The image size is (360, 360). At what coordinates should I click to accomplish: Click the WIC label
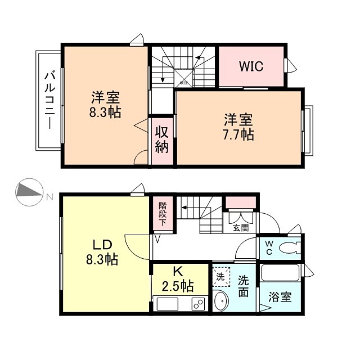[251, 66]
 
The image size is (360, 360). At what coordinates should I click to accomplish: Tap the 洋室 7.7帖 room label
[239, 127]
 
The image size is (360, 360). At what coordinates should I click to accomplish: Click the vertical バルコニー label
[49, 100]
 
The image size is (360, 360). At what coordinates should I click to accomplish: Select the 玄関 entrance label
[240, 228]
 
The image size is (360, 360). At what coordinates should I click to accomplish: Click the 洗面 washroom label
[243, 286]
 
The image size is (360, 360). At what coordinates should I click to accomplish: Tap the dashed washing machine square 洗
[222, 276]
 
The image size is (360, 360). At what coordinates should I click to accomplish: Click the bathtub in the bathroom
[281, 274]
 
